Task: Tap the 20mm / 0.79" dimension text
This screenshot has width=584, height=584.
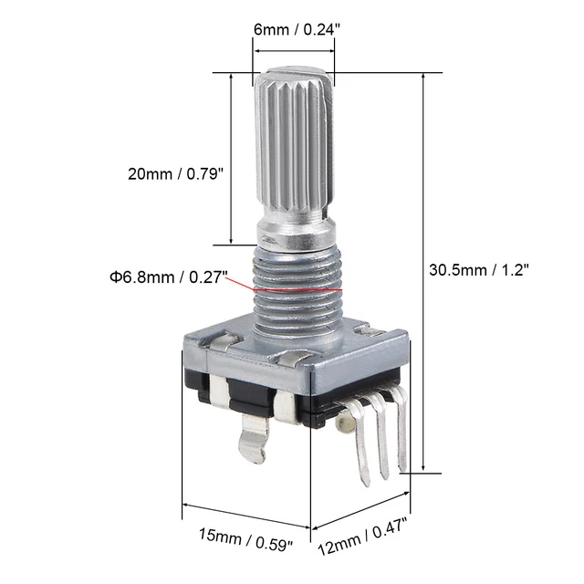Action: [x=175, y=174]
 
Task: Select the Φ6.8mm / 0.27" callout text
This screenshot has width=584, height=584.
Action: [x=171, y=276]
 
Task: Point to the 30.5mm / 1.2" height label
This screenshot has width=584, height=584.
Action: [x=479, y=270]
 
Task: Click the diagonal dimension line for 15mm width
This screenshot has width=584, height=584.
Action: [x=246, y=515]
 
